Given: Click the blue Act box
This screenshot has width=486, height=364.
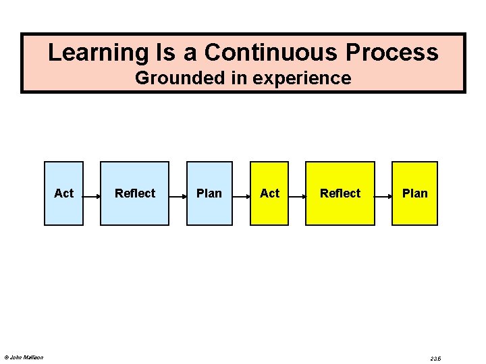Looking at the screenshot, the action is (x=64, y=193).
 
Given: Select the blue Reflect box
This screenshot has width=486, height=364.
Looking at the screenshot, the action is (x=134, y=193).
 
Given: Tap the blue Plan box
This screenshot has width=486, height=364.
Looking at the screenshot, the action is (x=209, y=193).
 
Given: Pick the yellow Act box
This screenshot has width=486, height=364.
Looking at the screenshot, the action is (x=269, y=193).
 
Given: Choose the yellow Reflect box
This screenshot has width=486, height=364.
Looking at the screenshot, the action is (x=340, y=193).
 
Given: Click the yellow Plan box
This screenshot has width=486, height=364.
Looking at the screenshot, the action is (x=414, y=193).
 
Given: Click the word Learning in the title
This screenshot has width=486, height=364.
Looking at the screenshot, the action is (x=92, y=53).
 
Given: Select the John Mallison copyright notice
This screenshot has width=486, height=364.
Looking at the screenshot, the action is (x=24, y=357).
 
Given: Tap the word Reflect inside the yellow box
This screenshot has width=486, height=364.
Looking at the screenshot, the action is (x=340, y=193).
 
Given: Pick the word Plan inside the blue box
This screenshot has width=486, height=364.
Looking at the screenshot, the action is (x=209, y=193).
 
